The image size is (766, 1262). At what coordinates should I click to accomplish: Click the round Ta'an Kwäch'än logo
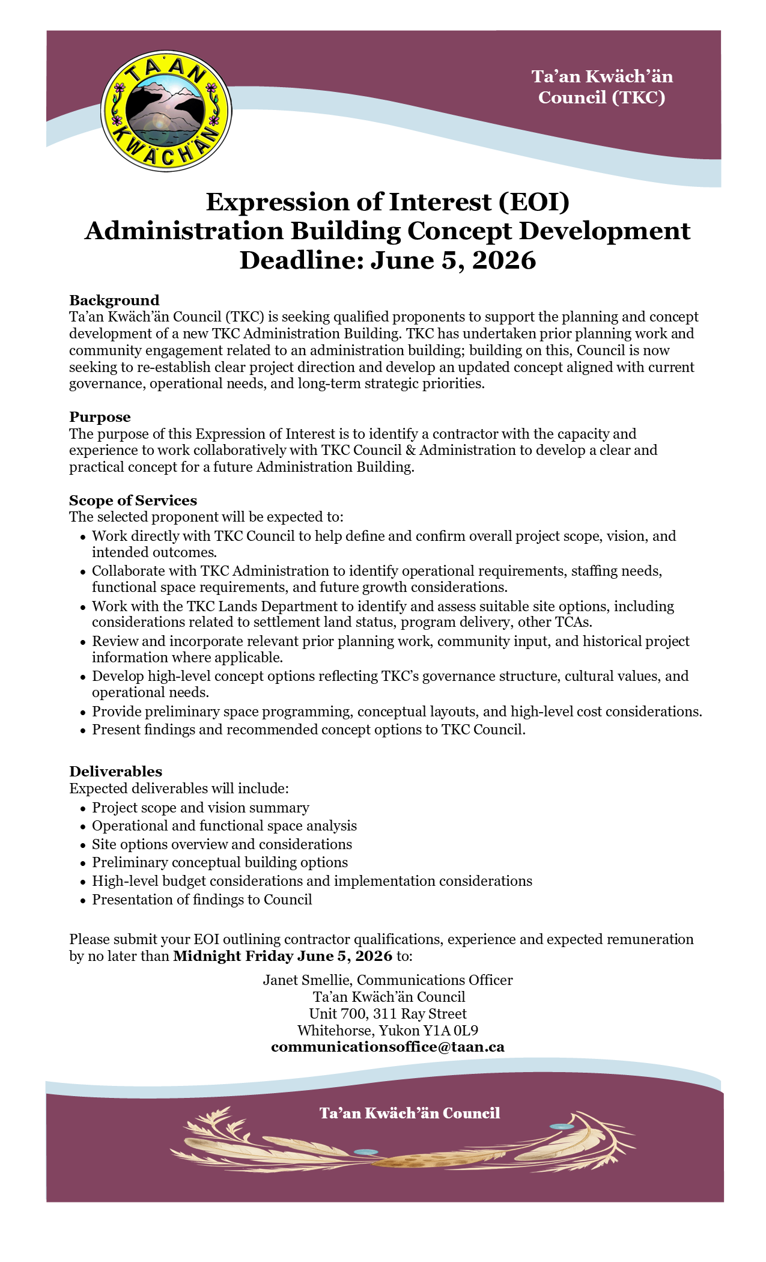(x=166, y=111)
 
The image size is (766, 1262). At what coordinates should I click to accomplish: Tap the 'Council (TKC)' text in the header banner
(x=601, y=97)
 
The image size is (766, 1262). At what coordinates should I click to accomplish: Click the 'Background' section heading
(x=114, y=300)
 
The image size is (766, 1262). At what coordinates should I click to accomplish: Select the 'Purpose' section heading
(x=100, y=416)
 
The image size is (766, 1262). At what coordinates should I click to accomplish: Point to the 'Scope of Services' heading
(x=133, y=500)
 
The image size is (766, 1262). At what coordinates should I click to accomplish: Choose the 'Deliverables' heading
(x=115, y=771)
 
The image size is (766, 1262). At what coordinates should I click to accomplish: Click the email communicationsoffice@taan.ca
(x=388, y=1046)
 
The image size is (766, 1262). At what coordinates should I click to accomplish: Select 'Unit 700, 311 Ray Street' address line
(x=388, y=1013)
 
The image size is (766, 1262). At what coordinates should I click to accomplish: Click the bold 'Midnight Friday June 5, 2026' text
(x=282, y=956)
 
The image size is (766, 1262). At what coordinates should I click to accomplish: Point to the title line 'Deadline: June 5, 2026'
(x=388, y=260)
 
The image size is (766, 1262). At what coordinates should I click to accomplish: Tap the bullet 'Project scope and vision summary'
(x=200, y=807)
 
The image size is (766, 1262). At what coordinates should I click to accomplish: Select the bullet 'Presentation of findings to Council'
(x=202, y=899)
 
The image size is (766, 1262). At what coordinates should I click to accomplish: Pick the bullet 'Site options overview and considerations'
(x=222, y=844)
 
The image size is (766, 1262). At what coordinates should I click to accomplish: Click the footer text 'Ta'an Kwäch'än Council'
(x=410, y=1113)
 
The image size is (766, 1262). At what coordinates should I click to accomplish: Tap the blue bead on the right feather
(x=561, y=1126)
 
